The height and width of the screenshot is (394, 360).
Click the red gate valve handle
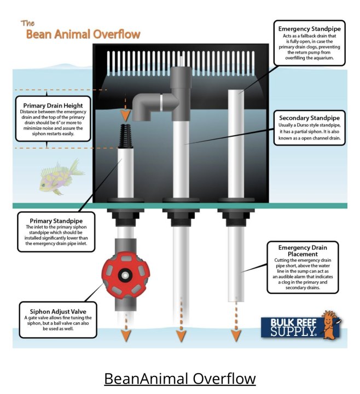click(126, 276)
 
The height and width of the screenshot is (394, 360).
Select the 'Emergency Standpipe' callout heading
click(309, 29)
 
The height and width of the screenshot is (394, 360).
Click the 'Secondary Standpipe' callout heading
click(309, 118)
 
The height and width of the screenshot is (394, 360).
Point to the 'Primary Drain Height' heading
click(53, 106)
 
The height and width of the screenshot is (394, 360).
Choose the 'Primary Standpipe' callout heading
click(56, 221)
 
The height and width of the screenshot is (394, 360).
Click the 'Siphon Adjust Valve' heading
click(58, 311)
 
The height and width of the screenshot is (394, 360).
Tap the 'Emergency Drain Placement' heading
click(303, 251)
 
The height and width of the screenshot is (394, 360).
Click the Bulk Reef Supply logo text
click(293, 327)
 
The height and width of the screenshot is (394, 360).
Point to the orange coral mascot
click(331, 324)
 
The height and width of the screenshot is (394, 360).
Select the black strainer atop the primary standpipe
click(125, 136)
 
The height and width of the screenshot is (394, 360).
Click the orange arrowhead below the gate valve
click(126, 336)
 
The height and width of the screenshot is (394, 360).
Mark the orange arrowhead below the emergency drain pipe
click(236, 336)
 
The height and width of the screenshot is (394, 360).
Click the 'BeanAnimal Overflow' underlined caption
click(180, 379)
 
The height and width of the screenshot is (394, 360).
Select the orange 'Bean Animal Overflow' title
click(83, 34)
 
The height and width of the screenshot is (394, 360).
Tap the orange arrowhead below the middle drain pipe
click(181, 336)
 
